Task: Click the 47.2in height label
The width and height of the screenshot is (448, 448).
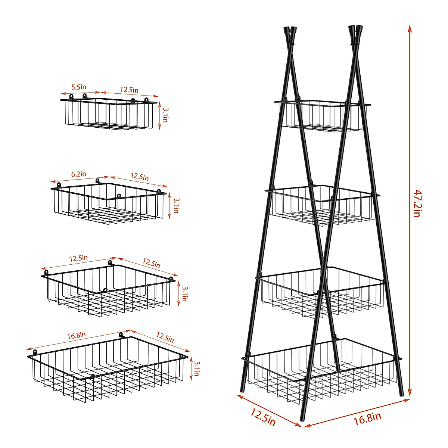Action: coord(417,203)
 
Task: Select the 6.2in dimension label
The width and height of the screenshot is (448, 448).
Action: coord(78,174)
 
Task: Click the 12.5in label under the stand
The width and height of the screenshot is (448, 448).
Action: coord(263,417)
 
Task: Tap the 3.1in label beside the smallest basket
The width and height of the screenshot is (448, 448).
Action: coord(165,114)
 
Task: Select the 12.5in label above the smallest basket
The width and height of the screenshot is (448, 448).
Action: coord(129,90)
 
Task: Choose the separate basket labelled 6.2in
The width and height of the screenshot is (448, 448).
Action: coord(108,203)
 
